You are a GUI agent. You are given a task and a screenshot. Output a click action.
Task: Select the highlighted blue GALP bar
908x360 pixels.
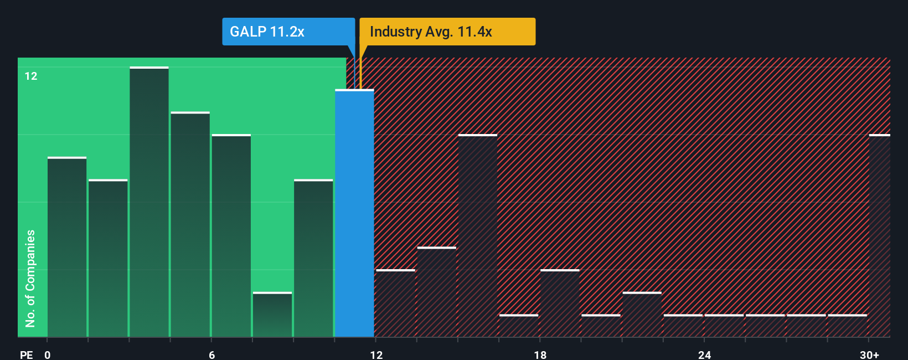pos(354,213)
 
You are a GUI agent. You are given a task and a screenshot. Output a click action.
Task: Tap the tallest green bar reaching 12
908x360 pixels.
pos(149,202)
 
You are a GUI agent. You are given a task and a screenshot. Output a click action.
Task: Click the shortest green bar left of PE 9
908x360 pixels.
pos(272,315)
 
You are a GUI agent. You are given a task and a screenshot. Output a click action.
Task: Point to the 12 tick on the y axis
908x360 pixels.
pos(31,76)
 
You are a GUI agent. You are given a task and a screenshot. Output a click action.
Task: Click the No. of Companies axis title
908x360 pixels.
pos(30,278)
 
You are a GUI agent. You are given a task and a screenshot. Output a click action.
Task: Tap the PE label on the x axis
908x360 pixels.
pos(26,354)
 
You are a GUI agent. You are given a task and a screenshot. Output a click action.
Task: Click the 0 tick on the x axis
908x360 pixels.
pos(48,354)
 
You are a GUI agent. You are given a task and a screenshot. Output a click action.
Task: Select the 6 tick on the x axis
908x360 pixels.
pos(212,354)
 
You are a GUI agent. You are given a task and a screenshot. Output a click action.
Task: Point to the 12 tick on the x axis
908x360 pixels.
pos(376,354)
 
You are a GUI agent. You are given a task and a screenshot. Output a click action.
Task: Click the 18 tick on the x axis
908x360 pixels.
pos(540,354)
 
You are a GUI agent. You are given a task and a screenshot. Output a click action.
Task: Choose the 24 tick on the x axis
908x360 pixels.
pos(704,354)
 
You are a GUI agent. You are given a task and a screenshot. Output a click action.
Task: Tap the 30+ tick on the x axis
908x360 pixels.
pos(869,354)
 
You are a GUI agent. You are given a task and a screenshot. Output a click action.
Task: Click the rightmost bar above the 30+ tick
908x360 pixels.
pos(879,235)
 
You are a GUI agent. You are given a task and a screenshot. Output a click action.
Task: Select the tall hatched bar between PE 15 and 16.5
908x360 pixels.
pos(478,235)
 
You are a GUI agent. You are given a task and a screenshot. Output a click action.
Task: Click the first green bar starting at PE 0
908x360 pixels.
pos(67,247)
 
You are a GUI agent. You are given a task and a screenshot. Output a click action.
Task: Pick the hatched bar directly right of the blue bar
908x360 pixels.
pos(395,304)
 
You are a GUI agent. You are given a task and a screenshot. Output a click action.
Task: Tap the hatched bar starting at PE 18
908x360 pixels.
pos(560,304)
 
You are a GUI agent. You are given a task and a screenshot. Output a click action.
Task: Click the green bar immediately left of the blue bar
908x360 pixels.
pos(313,258)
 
